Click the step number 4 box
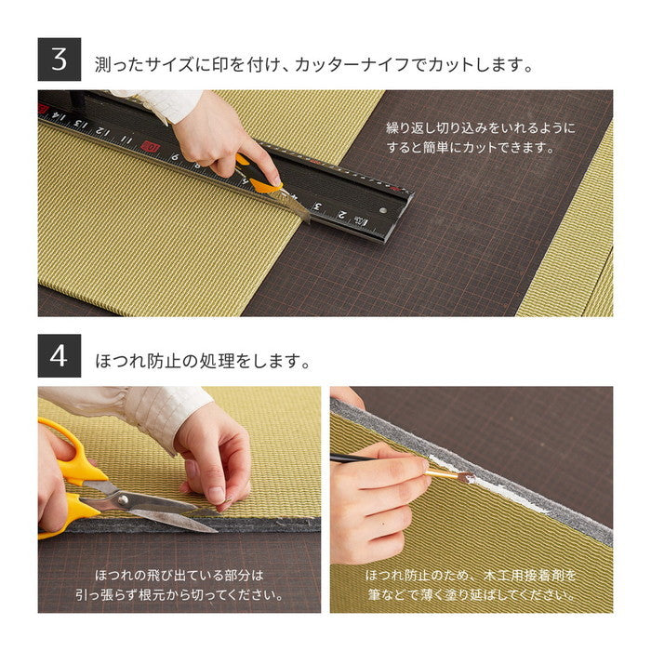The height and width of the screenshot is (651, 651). coord(60,355)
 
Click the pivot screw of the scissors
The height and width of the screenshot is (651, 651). coord(119,500)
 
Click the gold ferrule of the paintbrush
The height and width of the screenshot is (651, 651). coord(439,472)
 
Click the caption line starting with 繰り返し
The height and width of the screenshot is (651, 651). coord(480,127)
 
